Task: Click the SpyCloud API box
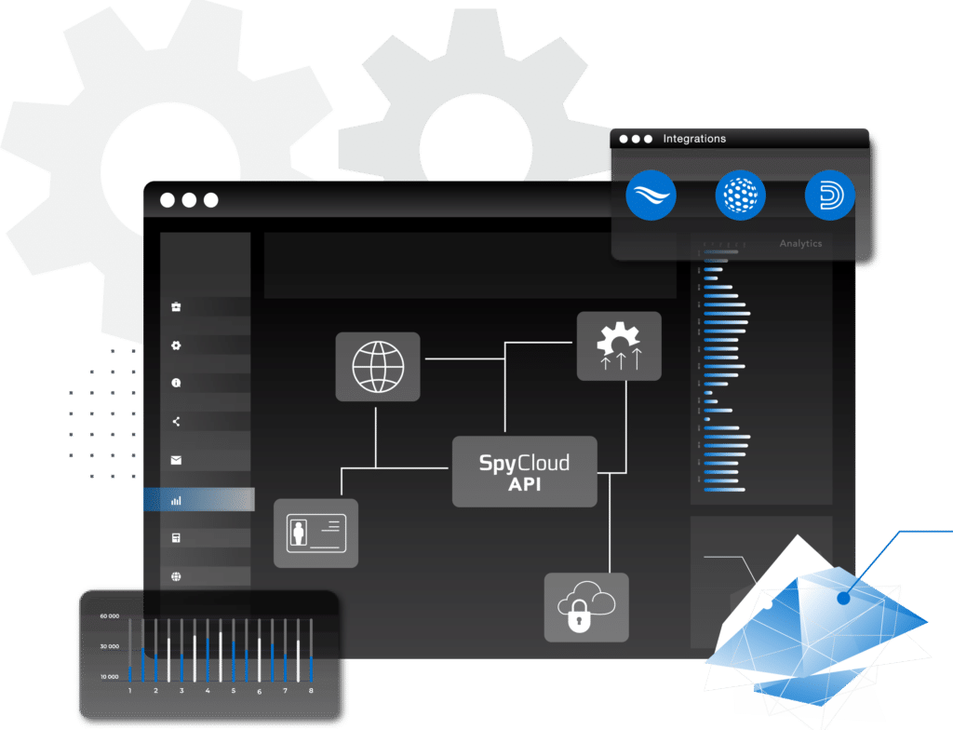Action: [524, 472]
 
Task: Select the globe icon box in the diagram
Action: [378, 367]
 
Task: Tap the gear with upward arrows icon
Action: [619, 346]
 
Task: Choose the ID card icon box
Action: [315, 534]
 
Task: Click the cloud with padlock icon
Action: [586, 607]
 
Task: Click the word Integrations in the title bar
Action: [694, 139]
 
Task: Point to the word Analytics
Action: [800, 243]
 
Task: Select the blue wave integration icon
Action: [651, 196]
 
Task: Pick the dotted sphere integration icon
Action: [741, 196]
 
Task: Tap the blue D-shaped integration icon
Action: [829, 196]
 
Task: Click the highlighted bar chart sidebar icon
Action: [176, 500]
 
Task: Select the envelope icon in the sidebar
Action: [176, 460]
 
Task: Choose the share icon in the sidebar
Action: [176, 422]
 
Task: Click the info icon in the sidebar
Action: [176, 383]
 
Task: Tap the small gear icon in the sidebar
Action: [176, 345]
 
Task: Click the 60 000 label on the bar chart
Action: [110, 616]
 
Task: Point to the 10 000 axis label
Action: [110, 675]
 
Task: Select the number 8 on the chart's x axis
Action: [311, 692]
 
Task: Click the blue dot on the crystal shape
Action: [843, 599]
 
